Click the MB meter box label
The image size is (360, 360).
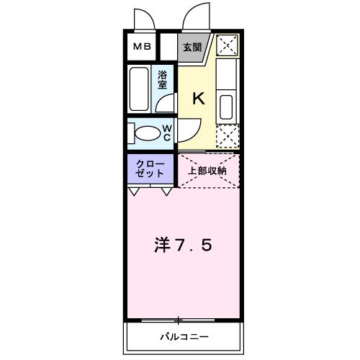coord(142,46)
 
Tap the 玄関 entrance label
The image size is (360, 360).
coord(192,48)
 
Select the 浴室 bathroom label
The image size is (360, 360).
coord(162,80)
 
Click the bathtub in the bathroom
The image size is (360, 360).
coord(139,89)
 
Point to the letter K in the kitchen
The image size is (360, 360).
coord(199,99)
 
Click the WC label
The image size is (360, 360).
coord(167,133)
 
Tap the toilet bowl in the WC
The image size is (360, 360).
coord(148,133)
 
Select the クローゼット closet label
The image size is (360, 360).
coord(150,168)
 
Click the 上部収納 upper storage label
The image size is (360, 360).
coord(207,171)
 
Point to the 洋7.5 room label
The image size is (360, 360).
coord(184,245)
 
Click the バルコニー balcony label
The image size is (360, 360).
coord(184,337)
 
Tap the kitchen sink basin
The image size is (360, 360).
coord(226,107)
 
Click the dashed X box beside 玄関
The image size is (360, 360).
coord(227,45)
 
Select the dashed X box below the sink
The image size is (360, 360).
coord(228,136)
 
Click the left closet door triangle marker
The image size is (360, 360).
coord(134,192)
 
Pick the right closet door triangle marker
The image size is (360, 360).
coord(166,192)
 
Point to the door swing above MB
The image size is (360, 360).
coord(149,14)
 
